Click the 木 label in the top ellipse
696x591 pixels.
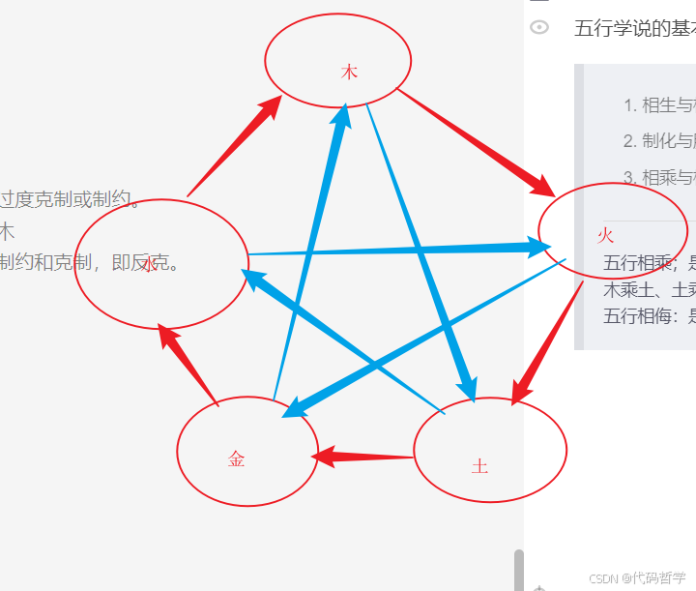pos(349,73)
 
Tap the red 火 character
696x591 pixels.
pos(606,235)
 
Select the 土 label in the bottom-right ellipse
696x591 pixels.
pos(479,467)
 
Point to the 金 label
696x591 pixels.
pos(237,459)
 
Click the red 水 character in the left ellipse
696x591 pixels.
pos(149,264)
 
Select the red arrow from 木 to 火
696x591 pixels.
pos(474,141)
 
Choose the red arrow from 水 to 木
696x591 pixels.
pos(234,145)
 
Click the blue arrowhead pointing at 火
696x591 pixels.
pos(535,246)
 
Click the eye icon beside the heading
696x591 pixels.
pos(539,27)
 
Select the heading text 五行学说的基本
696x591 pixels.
pos(634,28)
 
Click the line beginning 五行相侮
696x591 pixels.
pos(649,315)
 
